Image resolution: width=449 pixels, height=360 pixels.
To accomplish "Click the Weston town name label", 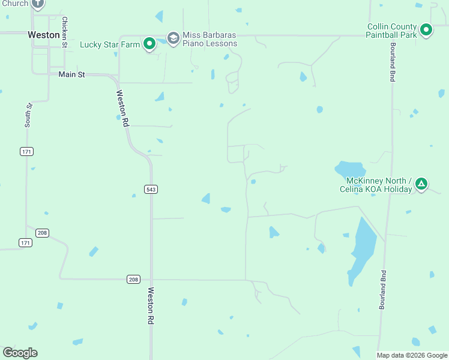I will point(44,35).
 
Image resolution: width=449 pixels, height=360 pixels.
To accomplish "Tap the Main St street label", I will point(72,74).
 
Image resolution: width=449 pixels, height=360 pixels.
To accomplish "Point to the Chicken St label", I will point(64,28).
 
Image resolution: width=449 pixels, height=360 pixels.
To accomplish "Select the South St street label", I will point(28,115).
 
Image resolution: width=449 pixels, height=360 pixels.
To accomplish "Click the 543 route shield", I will point(151,189).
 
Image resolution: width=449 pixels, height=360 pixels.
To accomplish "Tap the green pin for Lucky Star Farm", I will point(149,44).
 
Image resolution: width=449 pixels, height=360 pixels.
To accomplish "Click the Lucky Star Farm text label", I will point(110,44).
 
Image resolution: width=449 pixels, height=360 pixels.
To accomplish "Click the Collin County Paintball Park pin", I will point(426,29).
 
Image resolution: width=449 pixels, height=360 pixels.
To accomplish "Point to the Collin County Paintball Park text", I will point(391,31).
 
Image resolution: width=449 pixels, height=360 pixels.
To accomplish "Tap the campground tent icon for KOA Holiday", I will point(422,184).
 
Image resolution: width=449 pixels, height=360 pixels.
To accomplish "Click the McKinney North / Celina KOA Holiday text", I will point(379,185).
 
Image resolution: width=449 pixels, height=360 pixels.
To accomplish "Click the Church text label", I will point(14,4).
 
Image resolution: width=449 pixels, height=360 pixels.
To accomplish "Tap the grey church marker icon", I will point(38,4).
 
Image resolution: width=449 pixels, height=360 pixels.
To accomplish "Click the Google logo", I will point(20,353).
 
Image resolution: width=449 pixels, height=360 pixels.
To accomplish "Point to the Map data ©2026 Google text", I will point(412,355).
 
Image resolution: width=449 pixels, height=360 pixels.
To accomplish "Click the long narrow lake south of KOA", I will point(362,249).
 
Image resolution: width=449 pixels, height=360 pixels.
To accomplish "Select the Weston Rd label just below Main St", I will point(123,108).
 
